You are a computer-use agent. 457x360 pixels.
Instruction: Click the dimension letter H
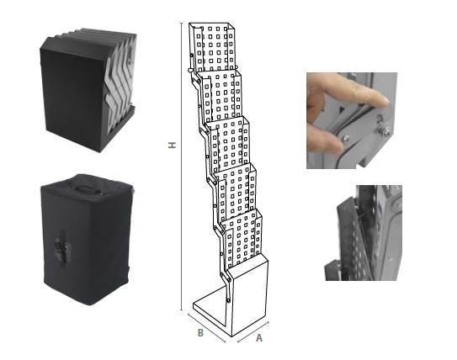pos(173,145)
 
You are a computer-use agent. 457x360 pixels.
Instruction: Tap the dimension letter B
pos(200,332)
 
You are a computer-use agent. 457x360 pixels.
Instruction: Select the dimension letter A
pos(259,338)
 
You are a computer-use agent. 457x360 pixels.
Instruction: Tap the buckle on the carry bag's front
pos(63,247)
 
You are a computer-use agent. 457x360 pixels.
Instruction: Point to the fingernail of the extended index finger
pos(384,100)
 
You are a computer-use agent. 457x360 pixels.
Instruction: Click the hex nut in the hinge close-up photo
pos(385,131)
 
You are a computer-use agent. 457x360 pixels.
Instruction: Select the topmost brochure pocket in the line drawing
pos(212,46)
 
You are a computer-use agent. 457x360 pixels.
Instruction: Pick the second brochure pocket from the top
pos(221,96)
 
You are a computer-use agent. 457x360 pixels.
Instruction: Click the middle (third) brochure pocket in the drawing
pos(229,144)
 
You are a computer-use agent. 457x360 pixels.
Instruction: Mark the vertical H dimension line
pos(182,167)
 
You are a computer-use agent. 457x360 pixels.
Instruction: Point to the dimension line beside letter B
pos(206,327)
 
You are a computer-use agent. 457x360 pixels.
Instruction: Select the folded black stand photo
pos(88,90)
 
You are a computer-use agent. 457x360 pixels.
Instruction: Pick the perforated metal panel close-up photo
pos(364,233)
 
